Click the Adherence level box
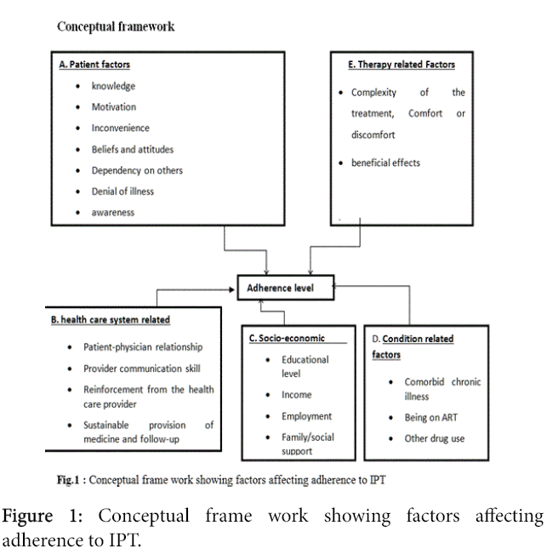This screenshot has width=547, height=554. coord(285,288)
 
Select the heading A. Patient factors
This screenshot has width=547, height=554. coord(94,65)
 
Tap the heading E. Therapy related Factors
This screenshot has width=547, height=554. coord(402,65)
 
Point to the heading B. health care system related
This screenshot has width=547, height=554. coord(111,320)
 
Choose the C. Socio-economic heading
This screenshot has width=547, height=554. coord(287,338)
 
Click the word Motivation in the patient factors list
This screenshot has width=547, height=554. coord(114,106)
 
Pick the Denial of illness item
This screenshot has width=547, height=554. coord(123,191)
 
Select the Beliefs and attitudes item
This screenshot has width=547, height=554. coord(133,150)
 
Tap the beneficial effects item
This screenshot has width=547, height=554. coord(385,163)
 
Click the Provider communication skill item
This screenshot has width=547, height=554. coord(141,368)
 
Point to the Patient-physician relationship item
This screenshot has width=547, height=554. coord(143,347)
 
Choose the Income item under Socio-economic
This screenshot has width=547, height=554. coord(296,395)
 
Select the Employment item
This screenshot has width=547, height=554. coord(306,416)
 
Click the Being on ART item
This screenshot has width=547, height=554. coord(430,418)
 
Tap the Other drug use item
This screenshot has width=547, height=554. coord(435,438)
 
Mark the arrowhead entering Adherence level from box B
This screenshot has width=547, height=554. coord(231,289)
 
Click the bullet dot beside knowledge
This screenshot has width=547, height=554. coord(77,86)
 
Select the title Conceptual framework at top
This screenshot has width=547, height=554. coord(116,26)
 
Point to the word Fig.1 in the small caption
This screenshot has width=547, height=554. coord(68,480)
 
